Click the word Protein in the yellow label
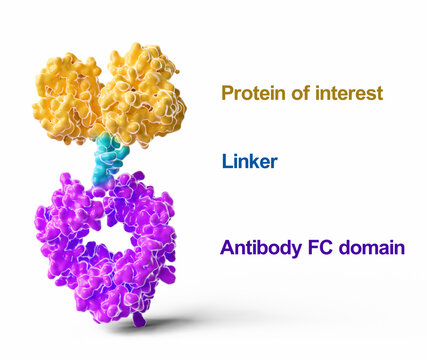point(250,94)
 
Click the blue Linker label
point(250,161)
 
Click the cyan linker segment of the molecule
point(109,160)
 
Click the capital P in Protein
point(227,94)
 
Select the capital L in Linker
point(227,161)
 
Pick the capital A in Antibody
point(227,248)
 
